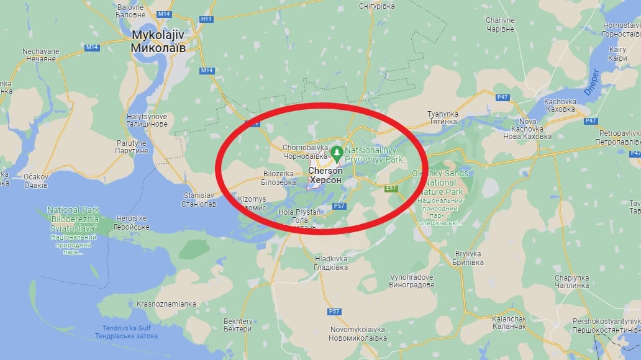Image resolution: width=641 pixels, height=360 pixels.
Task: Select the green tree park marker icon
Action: pyautogui.click(x=337, y=151)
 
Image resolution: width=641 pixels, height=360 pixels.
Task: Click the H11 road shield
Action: pyautogui.click(x=206, y=19)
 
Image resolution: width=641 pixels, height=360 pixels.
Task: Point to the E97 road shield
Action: pyautogui.click(x=391, y=187)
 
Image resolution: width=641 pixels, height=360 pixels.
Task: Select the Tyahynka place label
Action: pyautogui.click(x=443, y=118)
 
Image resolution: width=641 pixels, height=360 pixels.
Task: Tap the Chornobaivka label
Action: pyautogui.click(x=305, y=152)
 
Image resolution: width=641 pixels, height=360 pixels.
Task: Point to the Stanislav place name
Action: pyautogui.click(x=199, y=199)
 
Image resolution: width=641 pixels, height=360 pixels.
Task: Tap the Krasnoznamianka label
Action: pyautogui.click(x=163, y=304)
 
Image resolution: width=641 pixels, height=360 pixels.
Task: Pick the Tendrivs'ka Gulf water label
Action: pyautogui.click(x=127, y=331)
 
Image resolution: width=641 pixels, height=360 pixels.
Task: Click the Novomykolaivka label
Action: pyautogui.click(x=358, y=333)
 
